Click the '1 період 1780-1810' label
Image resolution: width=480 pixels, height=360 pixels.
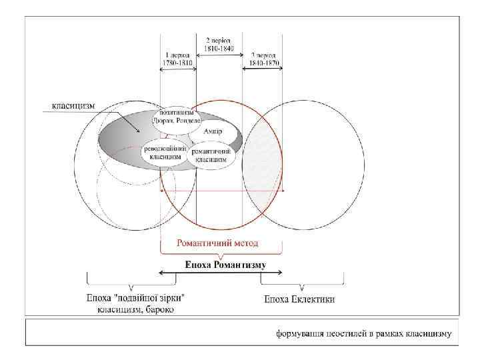tap(178, 59)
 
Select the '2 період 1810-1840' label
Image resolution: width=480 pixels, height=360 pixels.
tap(219, 43)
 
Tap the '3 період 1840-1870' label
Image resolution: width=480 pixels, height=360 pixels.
tap(264, 59)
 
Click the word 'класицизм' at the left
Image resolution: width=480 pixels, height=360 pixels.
tap(74, 105)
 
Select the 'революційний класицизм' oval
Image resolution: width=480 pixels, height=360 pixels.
tap(164, 153)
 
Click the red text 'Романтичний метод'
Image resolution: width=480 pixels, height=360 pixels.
tap(217, 243)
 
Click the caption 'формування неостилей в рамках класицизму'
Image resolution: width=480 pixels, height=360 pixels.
tap(365, 333)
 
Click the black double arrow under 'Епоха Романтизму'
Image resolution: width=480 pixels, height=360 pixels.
tap(220, 273)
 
